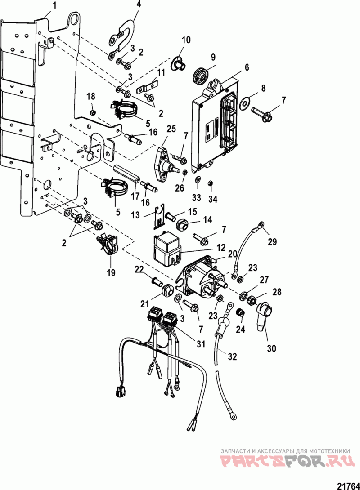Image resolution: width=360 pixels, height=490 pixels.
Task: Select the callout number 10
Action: [186, 40]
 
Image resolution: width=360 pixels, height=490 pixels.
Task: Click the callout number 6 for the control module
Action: [247, 67]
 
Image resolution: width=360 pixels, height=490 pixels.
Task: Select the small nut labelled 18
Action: [92, 112]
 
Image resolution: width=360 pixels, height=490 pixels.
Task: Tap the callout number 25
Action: [171, 129]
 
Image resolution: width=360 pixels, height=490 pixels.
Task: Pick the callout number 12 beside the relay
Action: [221, 248]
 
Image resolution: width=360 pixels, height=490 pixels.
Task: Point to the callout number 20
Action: [232, 255]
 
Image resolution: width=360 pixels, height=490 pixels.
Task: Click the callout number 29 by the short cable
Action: [272, 242]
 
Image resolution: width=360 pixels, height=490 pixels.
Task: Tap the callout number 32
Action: [232, 356]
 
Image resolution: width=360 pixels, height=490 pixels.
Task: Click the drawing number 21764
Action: [348, 486]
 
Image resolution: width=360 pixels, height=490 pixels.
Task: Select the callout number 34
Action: [213, 199]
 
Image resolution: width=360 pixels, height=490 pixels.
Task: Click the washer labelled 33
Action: [198, 180]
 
